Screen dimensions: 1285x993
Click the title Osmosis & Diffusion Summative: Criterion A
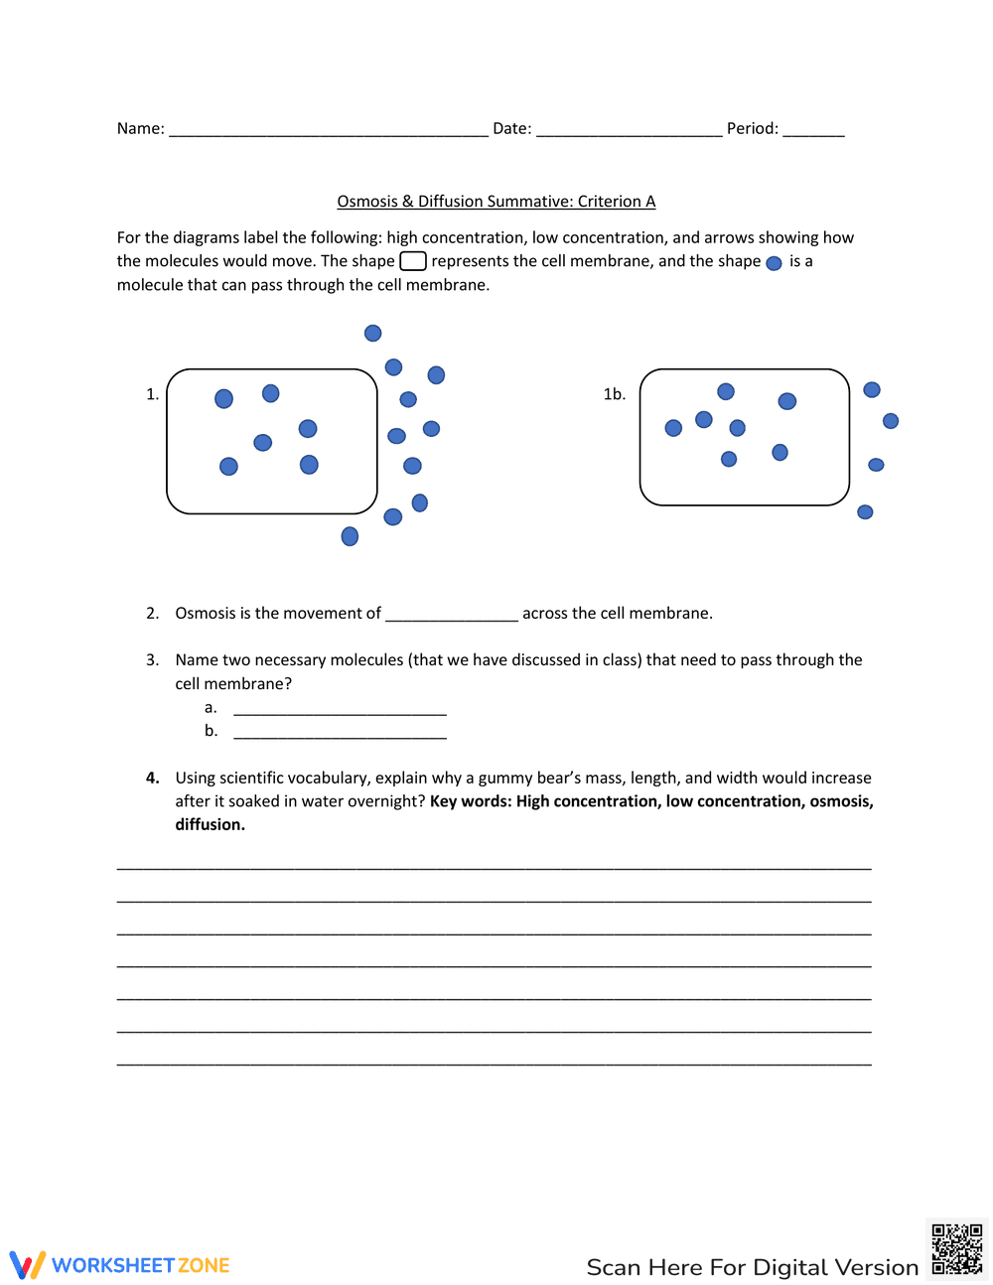click(496, 202)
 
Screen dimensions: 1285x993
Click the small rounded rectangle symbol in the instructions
click(413, 261)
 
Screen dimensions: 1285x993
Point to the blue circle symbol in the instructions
click(775, 263)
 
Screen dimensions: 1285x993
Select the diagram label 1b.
click(615, 394)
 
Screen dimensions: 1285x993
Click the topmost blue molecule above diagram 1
click(373, 334)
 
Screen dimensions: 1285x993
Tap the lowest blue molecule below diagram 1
click(350, 536)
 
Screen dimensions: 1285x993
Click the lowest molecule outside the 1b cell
click(865, 512)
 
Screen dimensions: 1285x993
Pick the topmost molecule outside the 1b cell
click(872, 390)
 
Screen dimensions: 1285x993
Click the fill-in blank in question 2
click(452, 616)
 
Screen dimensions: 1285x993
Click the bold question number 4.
click(153, 778)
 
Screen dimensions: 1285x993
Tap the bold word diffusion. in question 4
click(211, 824)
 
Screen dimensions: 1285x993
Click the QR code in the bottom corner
click(957, 1249)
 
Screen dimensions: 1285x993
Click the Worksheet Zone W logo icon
click(28, 1264)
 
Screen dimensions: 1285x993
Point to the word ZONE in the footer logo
click(204, 1265)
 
